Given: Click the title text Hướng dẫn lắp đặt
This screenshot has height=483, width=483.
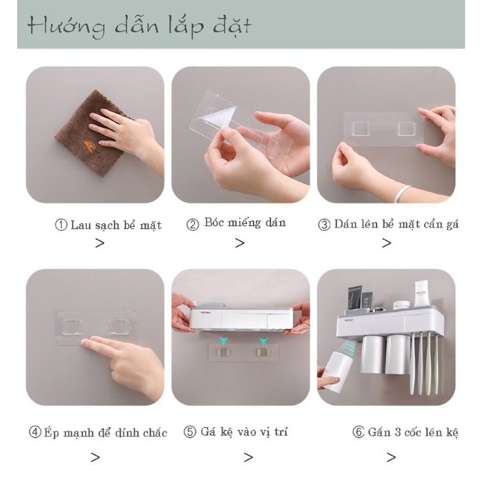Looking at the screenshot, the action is pos(140,25).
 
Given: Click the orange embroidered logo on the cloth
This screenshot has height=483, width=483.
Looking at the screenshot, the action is pos(90,145).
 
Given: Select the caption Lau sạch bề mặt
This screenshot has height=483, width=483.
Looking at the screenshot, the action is pos(116,225).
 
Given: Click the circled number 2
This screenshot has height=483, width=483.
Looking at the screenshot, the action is pos(193,224).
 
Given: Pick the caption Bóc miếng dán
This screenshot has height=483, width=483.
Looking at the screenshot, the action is pos(245,222).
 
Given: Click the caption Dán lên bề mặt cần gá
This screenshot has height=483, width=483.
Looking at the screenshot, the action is pos(396,224).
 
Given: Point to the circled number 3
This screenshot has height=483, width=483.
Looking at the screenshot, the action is pos(324,225).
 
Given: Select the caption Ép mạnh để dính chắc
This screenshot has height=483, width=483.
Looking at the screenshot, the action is pos(105,432).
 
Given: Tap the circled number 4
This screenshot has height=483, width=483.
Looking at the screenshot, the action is pos(35,432).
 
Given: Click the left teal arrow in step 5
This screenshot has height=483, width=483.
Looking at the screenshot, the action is pos(225,340).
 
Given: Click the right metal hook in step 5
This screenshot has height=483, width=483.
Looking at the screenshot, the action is pos(262,352).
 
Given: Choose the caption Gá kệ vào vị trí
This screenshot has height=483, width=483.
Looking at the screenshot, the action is pos(244,432).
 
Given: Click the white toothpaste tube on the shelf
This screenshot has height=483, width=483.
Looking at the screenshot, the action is pos(421,294).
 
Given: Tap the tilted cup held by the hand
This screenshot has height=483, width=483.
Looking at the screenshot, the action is pos(338,373).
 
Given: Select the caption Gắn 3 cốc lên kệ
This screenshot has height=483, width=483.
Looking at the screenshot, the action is pos(413,432).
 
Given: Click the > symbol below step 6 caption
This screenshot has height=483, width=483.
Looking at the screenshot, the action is pos(391,457).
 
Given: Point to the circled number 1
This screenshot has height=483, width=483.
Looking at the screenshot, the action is pos(61,225).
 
